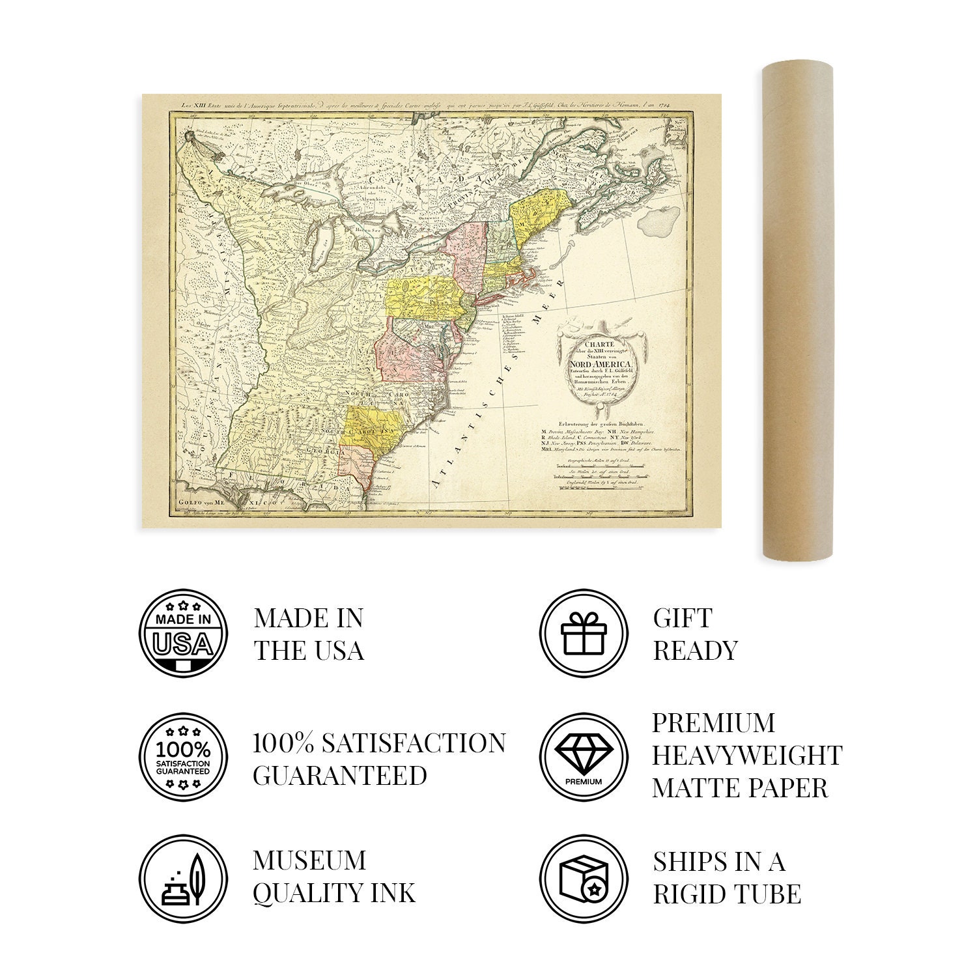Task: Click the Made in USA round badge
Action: (184, 632)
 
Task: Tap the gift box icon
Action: (584, 632)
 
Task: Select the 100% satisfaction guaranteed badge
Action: (184, 756)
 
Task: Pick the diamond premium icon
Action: (584, 756)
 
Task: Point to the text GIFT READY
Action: (695, 634)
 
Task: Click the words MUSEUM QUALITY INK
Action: (333, 877)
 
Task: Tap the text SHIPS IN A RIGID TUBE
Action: (726, 877)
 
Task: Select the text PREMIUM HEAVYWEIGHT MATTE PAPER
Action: (746, 756)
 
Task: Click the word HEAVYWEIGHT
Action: (746, 756)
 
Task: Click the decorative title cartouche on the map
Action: (597, 369)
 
